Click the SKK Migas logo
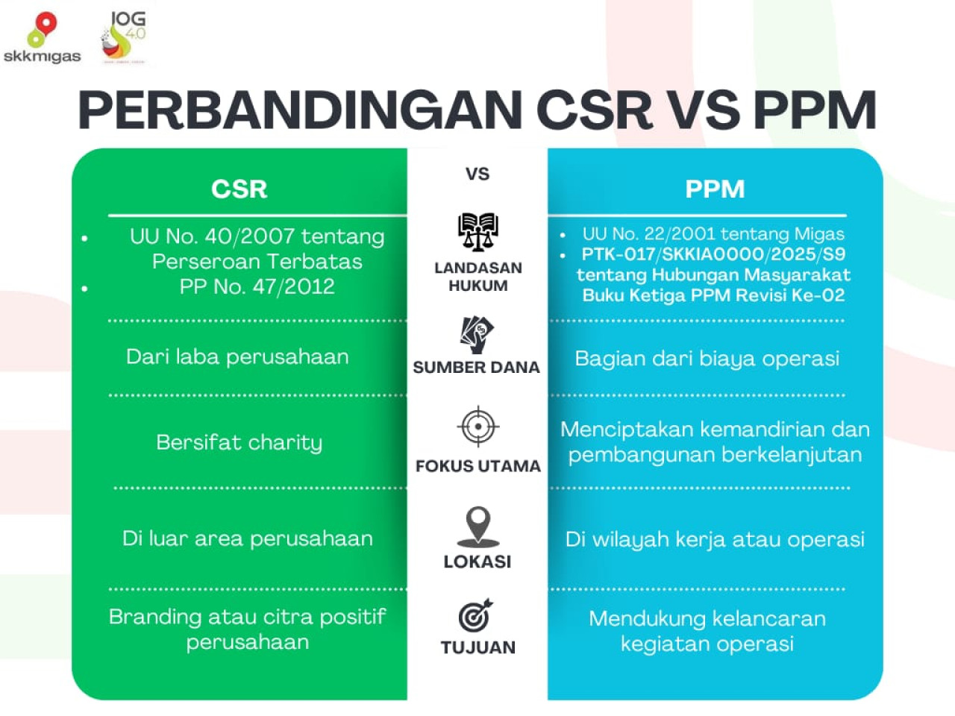coord(42,38)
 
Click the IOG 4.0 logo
coord(124,37)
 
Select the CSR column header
coord(239,189)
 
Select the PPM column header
coord(715,189)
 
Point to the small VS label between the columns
coord(477,174)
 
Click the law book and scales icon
coord(477,232)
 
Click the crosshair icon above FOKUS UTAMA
coord(477,427)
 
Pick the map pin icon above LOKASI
coord(477,526)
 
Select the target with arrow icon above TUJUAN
coord(476,615)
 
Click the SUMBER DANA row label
coord(476,367)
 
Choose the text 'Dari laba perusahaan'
coord(237,357)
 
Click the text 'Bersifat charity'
coord(239,442)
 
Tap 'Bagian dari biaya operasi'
coord(707,359)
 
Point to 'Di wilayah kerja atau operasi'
coord(715,539)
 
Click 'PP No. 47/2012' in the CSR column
coord(257,286)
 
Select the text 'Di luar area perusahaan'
coord(247,538)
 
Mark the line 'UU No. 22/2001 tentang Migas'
coord(713,234)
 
